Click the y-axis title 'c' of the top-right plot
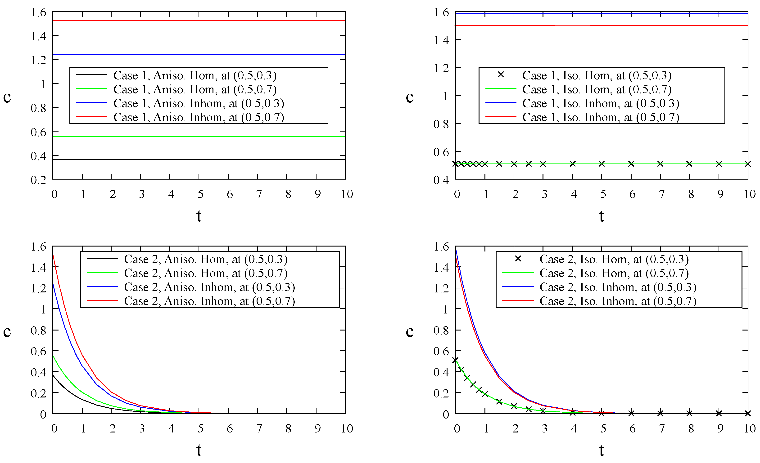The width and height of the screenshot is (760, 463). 410,97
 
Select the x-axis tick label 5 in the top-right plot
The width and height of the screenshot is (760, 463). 603,194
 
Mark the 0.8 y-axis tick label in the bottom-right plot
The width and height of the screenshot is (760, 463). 441,331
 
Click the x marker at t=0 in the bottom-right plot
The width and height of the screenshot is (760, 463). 455,360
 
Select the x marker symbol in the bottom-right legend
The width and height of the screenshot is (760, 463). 518,259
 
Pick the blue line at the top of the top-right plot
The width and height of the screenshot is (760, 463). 602,13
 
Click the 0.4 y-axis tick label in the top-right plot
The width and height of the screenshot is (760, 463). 441,180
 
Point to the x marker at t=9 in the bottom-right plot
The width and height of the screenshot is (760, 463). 719,413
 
